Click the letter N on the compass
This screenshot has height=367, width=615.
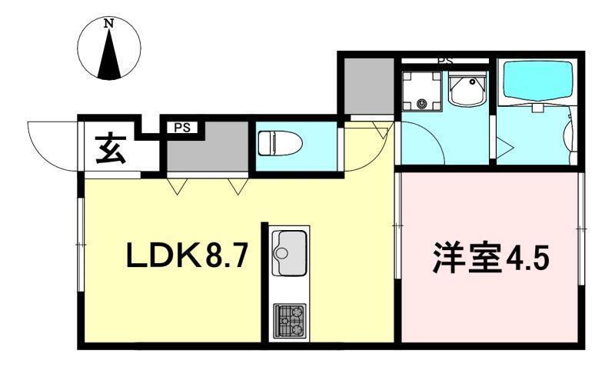click(x=110, y=24)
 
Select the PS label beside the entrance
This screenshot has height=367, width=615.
click(x=181, y=128)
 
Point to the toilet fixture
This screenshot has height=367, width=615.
click(x=272, y=144)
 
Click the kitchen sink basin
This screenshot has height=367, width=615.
click(x=289, y=250)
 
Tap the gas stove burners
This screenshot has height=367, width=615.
click(x=290, y=320)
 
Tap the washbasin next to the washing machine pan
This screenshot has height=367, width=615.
click(x=467, y=92)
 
